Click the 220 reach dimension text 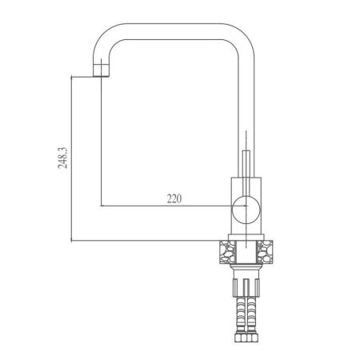point(174,199)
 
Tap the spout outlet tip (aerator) point(101,73)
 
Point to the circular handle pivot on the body point(243,211)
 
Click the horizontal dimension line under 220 point(160,207)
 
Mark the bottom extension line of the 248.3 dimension point(144,242)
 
